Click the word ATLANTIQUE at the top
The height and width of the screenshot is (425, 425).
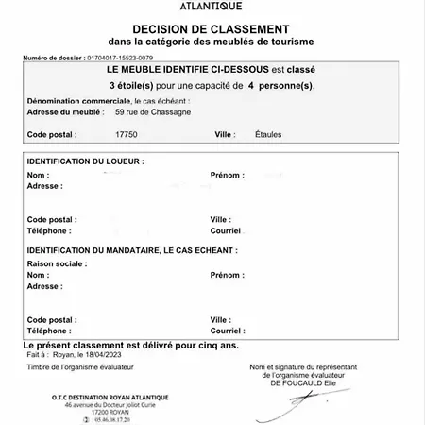212,7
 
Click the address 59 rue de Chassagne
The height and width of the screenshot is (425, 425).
156,111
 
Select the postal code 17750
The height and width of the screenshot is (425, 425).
126,134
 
